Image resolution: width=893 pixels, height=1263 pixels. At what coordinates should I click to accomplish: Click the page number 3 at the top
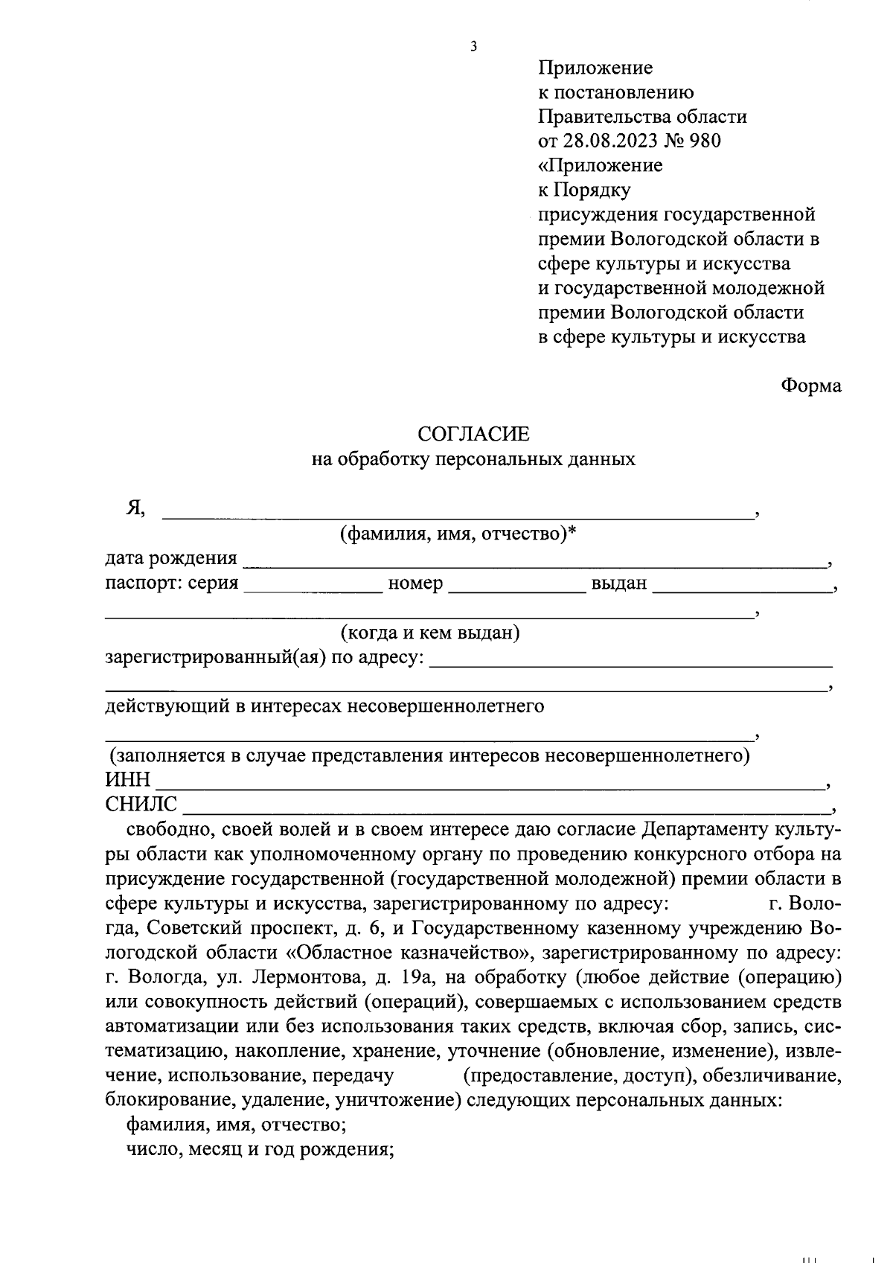(x=473, y=47)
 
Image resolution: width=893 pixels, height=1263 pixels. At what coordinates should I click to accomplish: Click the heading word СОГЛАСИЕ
(x=473, y=434)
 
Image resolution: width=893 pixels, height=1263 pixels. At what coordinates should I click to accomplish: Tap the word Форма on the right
(x=811, y=386)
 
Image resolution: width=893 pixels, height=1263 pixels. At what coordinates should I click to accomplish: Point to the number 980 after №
(x=705, y=141)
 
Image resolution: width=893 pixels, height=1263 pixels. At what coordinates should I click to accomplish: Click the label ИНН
(x=127, y=779)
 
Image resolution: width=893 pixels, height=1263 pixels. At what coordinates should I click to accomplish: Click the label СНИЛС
(x=141, y=804)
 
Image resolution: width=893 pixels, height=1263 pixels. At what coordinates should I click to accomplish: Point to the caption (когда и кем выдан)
(x=429, y=633)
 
